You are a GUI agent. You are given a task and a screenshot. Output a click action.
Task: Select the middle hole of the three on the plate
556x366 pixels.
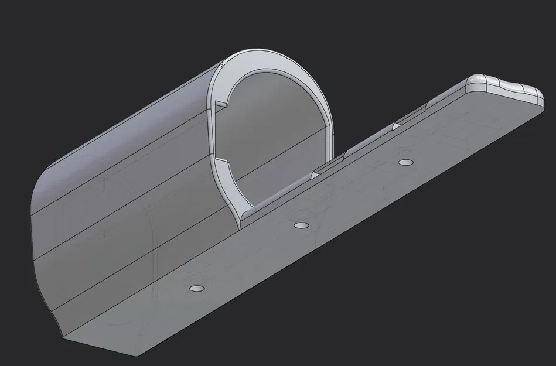[x=301, y=225]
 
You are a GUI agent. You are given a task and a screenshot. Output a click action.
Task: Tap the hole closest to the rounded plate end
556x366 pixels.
[x=404, y=162]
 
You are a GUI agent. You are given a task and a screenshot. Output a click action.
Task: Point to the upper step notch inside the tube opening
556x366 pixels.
[x=220, y=104]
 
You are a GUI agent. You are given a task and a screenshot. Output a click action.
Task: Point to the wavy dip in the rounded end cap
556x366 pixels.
[x=516, y=88]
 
